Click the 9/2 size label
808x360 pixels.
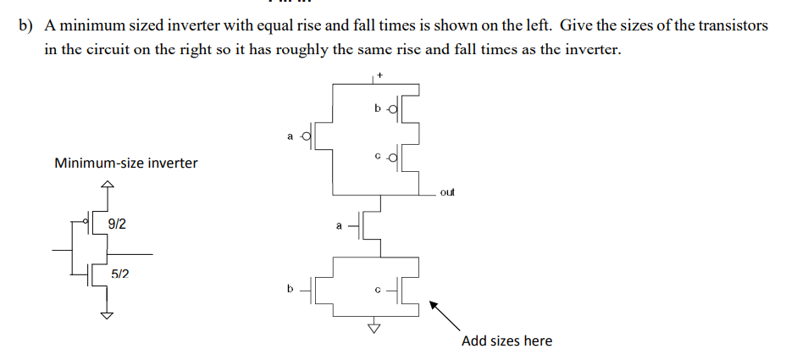[x=118, y=224]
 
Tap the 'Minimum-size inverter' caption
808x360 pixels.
[x=125, y=163]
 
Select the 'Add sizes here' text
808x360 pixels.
[x=506, y=341]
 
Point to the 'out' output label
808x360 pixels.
[x=447, y=193]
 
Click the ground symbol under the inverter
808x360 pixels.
[x=106, y=314]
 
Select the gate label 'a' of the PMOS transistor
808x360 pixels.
[x=291, y=135]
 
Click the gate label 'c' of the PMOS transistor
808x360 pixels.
[x=377, y=157]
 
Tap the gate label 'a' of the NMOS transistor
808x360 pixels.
[x=340, y=226]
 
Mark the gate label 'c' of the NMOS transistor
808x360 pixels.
[x=377, y=289]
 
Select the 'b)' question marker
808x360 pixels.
[x=26, y=25]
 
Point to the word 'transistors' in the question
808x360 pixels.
[x=736, y=25]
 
